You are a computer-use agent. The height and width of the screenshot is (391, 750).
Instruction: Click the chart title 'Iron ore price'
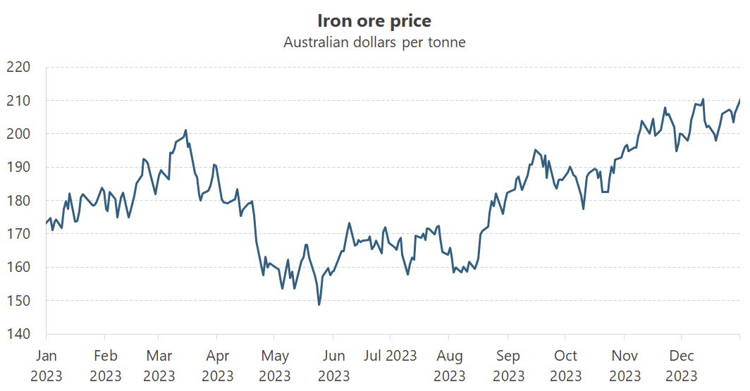374,20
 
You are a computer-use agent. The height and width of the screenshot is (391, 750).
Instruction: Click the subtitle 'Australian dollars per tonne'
374,42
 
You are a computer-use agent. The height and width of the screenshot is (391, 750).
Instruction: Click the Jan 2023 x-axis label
47,366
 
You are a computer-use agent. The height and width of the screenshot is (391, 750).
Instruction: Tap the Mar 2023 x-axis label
159,366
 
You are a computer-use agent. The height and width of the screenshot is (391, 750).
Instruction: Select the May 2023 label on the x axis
275,366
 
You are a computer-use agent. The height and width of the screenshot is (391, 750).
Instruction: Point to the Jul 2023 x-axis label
391,355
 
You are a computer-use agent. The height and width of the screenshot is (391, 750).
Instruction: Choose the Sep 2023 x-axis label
508,366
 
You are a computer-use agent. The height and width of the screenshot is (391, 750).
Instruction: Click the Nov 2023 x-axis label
625,366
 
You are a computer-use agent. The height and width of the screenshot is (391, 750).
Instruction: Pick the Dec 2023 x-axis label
682,366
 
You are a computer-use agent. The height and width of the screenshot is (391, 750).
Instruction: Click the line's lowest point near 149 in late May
319,304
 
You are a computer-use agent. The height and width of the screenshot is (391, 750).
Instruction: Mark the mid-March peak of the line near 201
185,130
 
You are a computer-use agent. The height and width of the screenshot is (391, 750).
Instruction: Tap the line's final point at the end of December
739,100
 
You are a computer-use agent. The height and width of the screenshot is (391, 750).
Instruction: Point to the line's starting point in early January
47,223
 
